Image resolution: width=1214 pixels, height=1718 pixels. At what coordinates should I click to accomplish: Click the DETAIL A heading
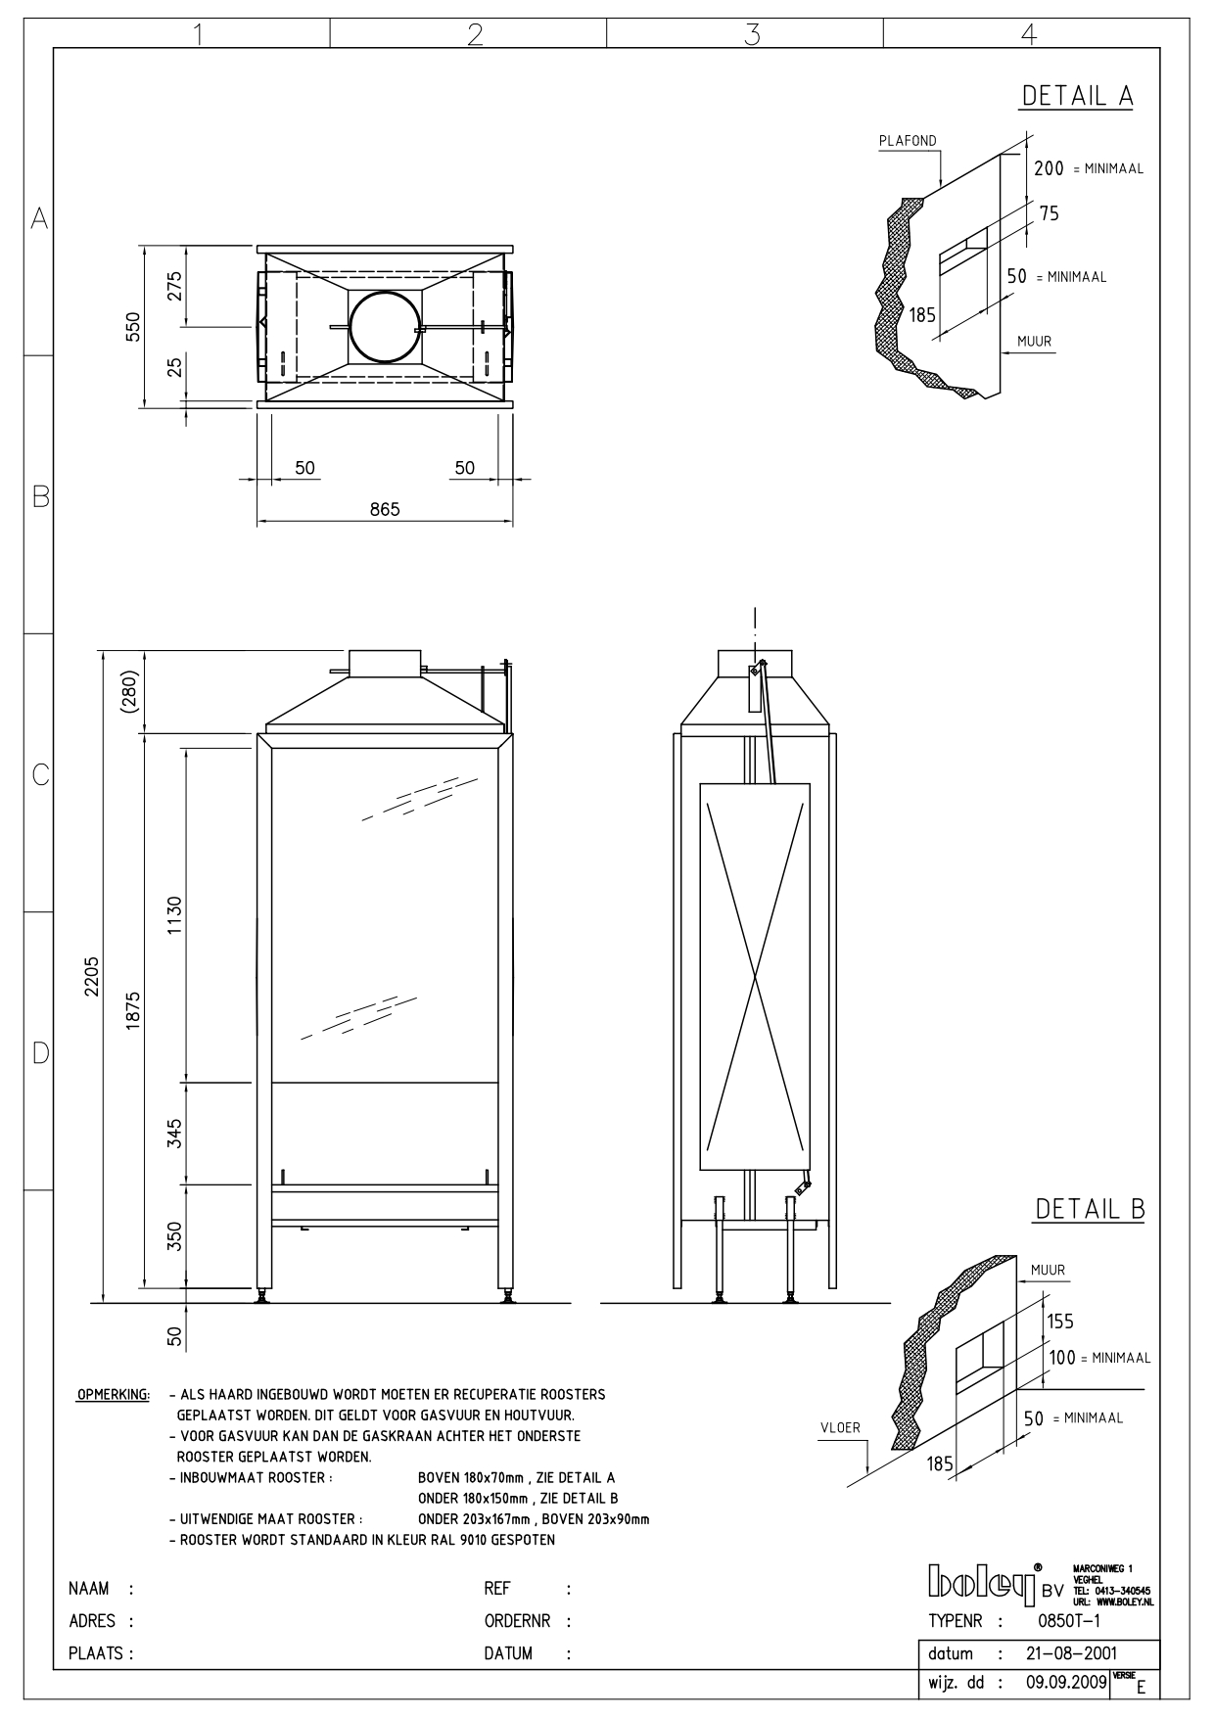[1077, 96]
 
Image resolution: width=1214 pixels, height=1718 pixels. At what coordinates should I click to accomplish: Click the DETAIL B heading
[1090, 1209]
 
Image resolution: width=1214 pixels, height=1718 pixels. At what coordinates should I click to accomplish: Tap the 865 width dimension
[385, 509]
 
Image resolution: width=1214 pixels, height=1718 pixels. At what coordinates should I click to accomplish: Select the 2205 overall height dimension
[91, 976]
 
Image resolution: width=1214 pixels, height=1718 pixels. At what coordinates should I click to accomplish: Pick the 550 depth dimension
[132, 327]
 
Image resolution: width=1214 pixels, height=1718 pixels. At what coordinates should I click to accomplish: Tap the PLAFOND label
[907, 141]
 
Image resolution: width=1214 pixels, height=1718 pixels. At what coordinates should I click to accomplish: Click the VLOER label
[840, 1427]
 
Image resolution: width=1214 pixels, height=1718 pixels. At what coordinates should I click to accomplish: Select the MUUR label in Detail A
[1034, 342]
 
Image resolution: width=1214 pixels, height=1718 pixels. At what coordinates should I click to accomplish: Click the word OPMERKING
[113, 1394]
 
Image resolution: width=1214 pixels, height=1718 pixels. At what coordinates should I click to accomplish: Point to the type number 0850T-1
[1068, 1620]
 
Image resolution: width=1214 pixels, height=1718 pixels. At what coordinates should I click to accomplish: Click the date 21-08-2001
[1070, 1653]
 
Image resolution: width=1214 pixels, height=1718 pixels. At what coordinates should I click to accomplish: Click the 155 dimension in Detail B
[1060, 1322]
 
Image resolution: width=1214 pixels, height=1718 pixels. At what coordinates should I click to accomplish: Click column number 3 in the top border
[752, 34]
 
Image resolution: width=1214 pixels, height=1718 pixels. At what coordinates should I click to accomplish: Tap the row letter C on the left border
[40, 775]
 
